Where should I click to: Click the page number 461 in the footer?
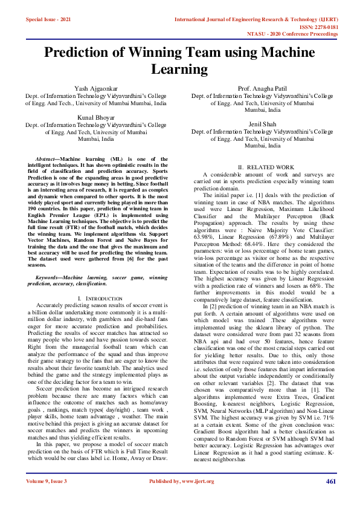point(330,481)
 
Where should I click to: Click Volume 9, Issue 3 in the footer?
point(47,481)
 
